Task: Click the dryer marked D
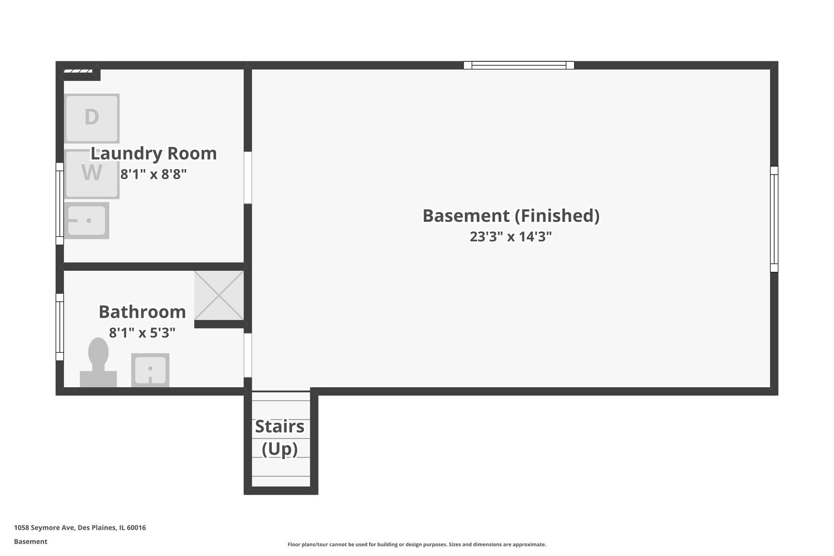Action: click(x=92, y=118)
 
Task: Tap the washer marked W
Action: click(x=92, y=174)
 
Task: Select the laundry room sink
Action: click(x=86, y=220)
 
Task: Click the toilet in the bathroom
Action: click(x=98, y=362)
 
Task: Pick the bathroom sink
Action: click(x=150, y=370)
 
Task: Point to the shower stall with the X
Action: click(x=219, y=295)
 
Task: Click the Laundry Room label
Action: click(x=154, y=153)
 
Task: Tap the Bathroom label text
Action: click(x=142, y=311)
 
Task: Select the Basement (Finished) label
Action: click(x=511, y=216)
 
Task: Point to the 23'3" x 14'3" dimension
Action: click(x=511, y=236)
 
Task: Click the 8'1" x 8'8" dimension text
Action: click(x=153, y=174)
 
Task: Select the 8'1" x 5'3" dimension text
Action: click(x=142, y=332)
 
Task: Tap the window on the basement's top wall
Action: click(x=518, y=65)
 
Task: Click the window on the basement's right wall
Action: click(x=774, y=219)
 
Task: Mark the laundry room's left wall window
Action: click(x=60, y=204)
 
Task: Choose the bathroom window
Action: click(x=60, y=327)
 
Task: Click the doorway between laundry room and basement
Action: click(x=248, y=178)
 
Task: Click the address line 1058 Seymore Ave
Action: click(x=80, y=527)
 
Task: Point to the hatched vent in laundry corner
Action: click(x=78, y=71)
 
